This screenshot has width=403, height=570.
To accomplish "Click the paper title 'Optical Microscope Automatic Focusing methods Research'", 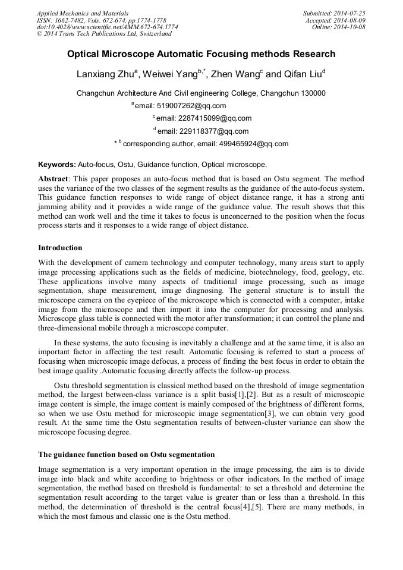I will click(x=201, y=54).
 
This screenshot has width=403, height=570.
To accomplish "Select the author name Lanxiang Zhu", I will click(x=105, y=75).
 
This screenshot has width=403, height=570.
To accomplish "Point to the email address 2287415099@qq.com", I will click(x=204, y=118).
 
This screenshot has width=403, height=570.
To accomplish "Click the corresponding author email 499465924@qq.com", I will click(x=243, y=144).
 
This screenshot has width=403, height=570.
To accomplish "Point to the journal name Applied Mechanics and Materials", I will click(x=83, y=13).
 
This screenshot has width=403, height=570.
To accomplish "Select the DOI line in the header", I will click(x=107, y=27).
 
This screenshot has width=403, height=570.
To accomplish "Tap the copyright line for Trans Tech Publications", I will click(x=104, y=34).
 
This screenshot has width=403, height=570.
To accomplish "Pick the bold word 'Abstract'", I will click(x=53, y=179).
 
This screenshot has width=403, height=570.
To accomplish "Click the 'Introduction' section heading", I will click(x=60, y=248).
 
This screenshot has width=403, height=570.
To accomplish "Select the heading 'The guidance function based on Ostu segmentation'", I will click(x=126, y=455).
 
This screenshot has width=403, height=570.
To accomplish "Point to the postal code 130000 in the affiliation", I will click(x=313, y=93).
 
